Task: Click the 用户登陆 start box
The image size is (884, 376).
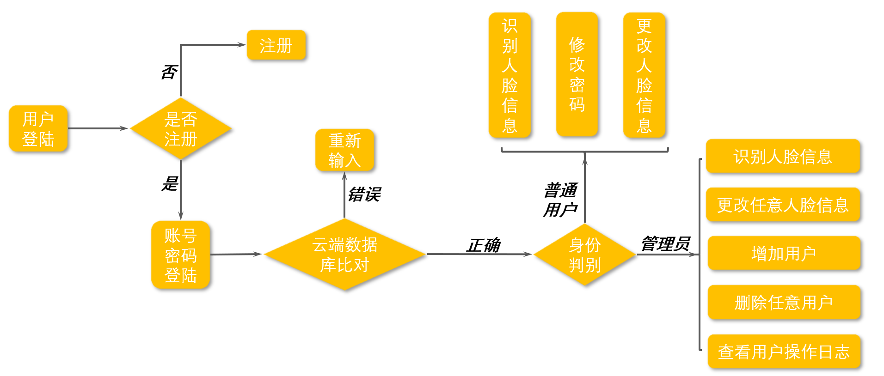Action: click(38, 128)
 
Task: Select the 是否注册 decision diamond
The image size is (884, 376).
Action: click(181, 129)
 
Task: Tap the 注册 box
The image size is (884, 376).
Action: click(276, 45)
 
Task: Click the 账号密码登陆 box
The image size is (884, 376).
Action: click(181, 255)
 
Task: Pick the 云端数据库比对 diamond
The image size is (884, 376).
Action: click(344, 255)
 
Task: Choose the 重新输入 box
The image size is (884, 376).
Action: click(344, 150)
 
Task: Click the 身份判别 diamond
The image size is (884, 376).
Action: click(585, 255)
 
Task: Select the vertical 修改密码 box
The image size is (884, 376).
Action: click(577, 74)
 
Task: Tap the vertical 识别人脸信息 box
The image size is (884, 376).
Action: click(510, 75)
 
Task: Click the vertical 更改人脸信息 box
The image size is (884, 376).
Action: click(644, 75)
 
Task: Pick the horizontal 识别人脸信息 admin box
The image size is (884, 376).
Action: click(783, 157)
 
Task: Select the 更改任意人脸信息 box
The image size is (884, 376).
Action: click(783, 205)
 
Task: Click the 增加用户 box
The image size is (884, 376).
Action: click(784, 254)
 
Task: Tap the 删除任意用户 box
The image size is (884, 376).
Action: click(784, 303)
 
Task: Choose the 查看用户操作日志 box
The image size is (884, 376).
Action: click(784, 352)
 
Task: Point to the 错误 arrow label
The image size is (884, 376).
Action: click(364, 194)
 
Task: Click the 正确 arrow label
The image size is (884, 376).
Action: click(484, 245)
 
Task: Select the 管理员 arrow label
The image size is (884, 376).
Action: click(665, 243)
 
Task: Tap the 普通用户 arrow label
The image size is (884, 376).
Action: click(560, 200)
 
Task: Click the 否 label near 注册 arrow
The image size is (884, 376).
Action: click(169, 72)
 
